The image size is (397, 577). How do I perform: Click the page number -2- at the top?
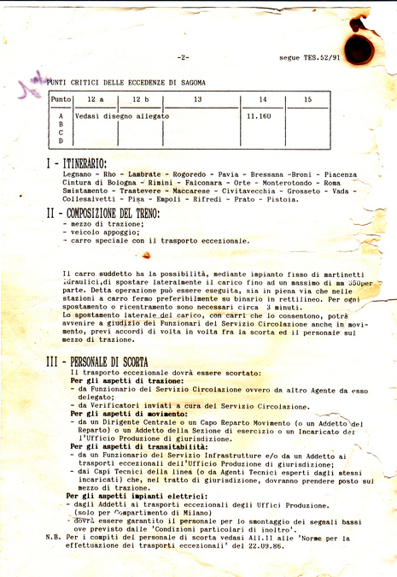point(184,58)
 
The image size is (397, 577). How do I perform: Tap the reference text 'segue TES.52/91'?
point(309,58)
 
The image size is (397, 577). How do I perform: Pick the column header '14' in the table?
point(262,100)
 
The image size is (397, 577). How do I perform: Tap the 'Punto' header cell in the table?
point(61,100)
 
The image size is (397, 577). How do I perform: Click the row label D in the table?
point(61,140)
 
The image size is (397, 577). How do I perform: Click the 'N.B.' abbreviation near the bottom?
point(53,537)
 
